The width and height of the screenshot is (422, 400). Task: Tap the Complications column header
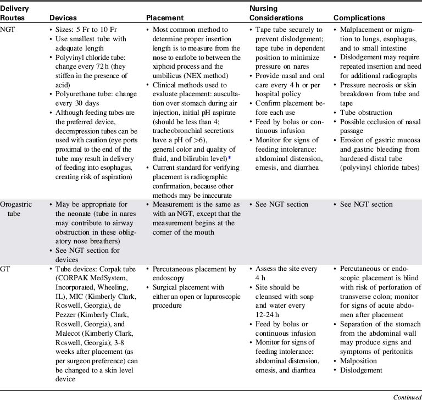coord(358,18)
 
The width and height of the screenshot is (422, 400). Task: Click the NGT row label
coord(9,30)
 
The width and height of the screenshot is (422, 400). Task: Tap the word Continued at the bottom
coord(404,394)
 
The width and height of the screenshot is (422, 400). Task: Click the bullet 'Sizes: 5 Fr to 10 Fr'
coord(87,30)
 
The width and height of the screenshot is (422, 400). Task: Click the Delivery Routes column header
coord(15,13)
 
